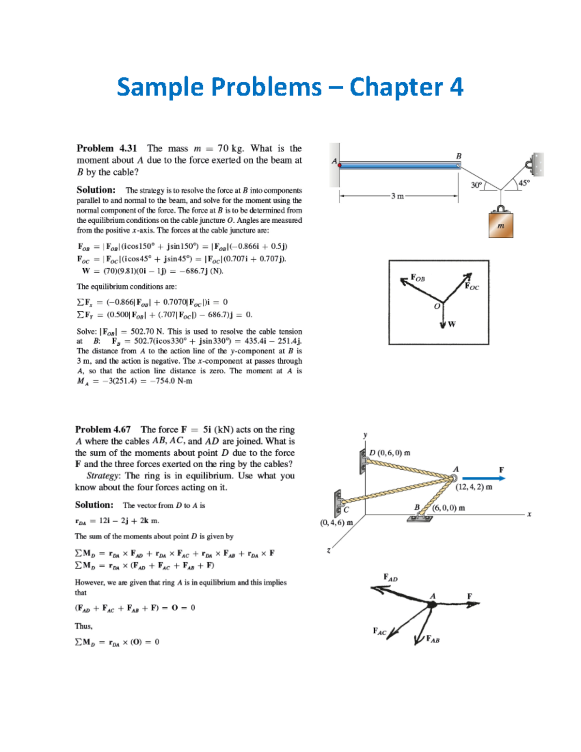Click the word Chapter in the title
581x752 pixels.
396,88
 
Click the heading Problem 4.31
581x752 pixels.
107,148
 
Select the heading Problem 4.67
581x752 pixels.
103,430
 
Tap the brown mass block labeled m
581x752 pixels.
501,225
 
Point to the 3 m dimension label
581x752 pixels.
398,196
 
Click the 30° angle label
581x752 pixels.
476,185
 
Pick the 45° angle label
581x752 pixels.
524,183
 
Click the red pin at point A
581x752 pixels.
340,165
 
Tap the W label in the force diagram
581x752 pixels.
452,324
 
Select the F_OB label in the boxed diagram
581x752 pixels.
418,278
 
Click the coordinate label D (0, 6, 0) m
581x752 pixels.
390,453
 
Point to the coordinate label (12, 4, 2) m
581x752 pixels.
474,487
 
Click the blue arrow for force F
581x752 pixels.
483,478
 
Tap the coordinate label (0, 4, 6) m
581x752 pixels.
336,522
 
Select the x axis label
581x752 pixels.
529,514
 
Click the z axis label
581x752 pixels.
329,551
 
